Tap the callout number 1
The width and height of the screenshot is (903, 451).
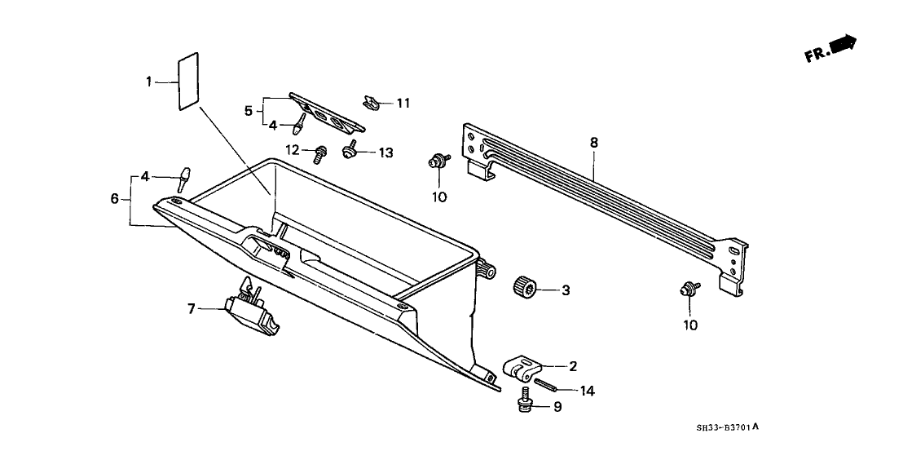click(149, 81)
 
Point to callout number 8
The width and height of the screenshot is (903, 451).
click(593, 143)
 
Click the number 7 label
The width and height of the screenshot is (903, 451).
click(192, 308)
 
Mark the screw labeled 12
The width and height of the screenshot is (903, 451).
click(319, 152)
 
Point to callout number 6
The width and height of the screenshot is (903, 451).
click(114, 198)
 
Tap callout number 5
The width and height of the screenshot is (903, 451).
click(249, 111)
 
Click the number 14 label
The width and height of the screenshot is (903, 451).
click(587, 391)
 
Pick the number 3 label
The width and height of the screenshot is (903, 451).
click(565, 290)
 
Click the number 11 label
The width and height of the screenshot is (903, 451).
click(403, 104)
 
